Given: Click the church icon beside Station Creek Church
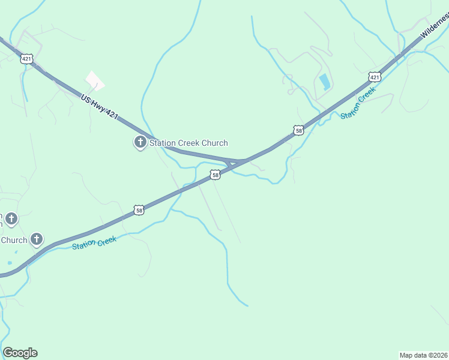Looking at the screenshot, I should click(140, 142).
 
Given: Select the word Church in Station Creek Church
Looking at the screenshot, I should click(214, 143).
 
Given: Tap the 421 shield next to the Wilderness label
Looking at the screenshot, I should click(375, 77).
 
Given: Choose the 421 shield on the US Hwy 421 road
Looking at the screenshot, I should click(26, 58).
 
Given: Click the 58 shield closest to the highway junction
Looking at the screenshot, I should click(215, 175).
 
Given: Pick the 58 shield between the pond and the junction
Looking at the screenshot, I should click(298, 130).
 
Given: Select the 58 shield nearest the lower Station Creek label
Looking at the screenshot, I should click(139, 210).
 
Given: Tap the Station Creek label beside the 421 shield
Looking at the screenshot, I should click(358, 103).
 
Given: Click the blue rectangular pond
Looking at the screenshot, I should click(325, 82).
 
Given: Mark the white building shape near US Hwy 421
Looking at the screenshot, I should click(94, 80).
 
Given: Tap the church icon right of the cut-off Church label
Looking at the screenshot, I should click(37, 240).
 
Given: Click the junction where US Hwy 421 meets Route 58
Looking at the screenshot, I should click(236, 162).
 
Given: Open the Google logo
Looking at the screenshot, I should click(20, 353).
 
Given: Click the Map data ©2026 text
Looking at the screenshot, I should click(423, 355).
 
